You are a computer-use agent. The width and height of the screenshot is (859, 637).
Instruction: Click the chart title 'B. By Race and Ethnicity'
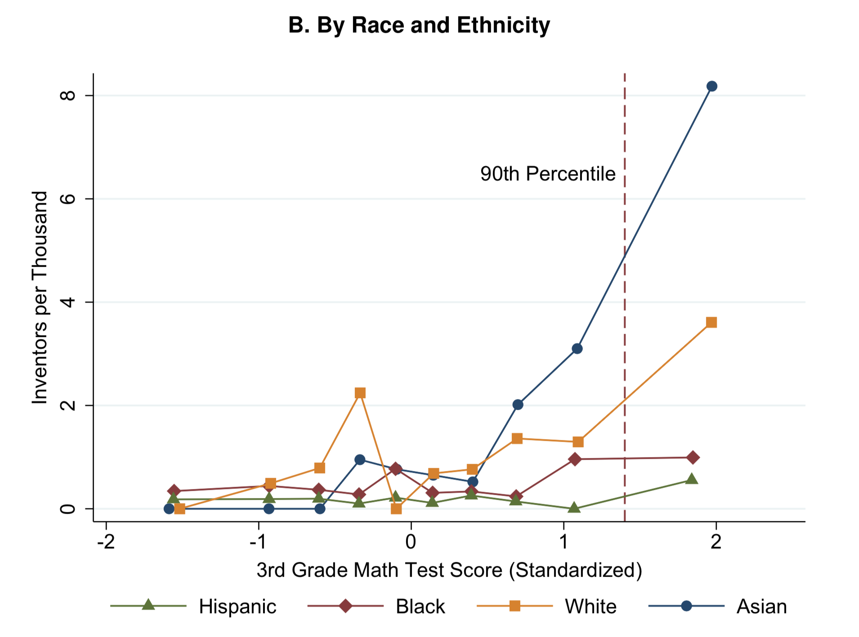coord(419,25)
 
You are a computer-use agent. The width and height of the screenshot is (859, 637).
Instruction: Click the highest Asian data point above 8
coord(711,86)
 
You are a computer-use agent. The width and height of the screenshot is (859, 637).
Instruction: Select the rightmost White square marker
coord(711,323)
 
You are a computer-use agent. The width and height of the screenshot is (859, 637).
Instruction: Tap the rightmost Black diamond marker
coord(693,458)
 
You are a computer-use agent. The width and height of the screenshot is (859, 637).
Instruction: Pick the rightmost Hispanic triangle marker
coord(692,479)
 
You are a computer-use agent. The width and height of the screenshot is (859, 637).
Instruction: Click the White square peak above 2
coord(360,393)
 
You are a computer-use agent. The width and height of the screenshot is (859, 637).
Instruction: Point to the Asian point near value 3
coord(577,349)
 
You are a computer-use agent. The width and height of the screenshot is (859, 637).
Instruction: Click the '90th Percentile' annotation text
coord(547,174)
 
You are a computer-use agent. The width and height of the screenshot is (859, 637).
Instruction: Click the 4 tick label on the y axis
coord(67,302)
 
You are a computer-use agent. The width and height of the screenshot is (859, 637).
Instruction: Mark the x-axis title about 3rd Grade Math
coord(449,570)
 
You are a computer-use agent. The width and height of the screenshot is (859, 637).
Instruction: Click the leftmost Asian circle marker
coord(169,509)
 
